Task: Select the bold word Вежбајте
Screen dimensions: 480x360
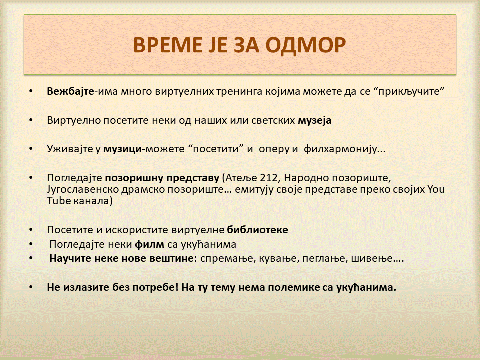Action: [x=70, y=91]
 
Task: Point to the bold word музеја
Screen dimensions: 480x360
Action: [x=315, y=120]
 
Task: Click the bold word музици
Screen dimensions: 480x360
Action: [x=123, y=149]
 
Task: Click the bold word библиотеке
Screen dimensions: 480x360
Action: [x=258, y=229]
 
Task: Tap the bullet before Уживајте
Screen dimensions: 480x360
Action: [x=31, y=149]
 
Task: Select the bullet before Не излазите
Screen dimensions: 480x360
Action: [x=31, y=287]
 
